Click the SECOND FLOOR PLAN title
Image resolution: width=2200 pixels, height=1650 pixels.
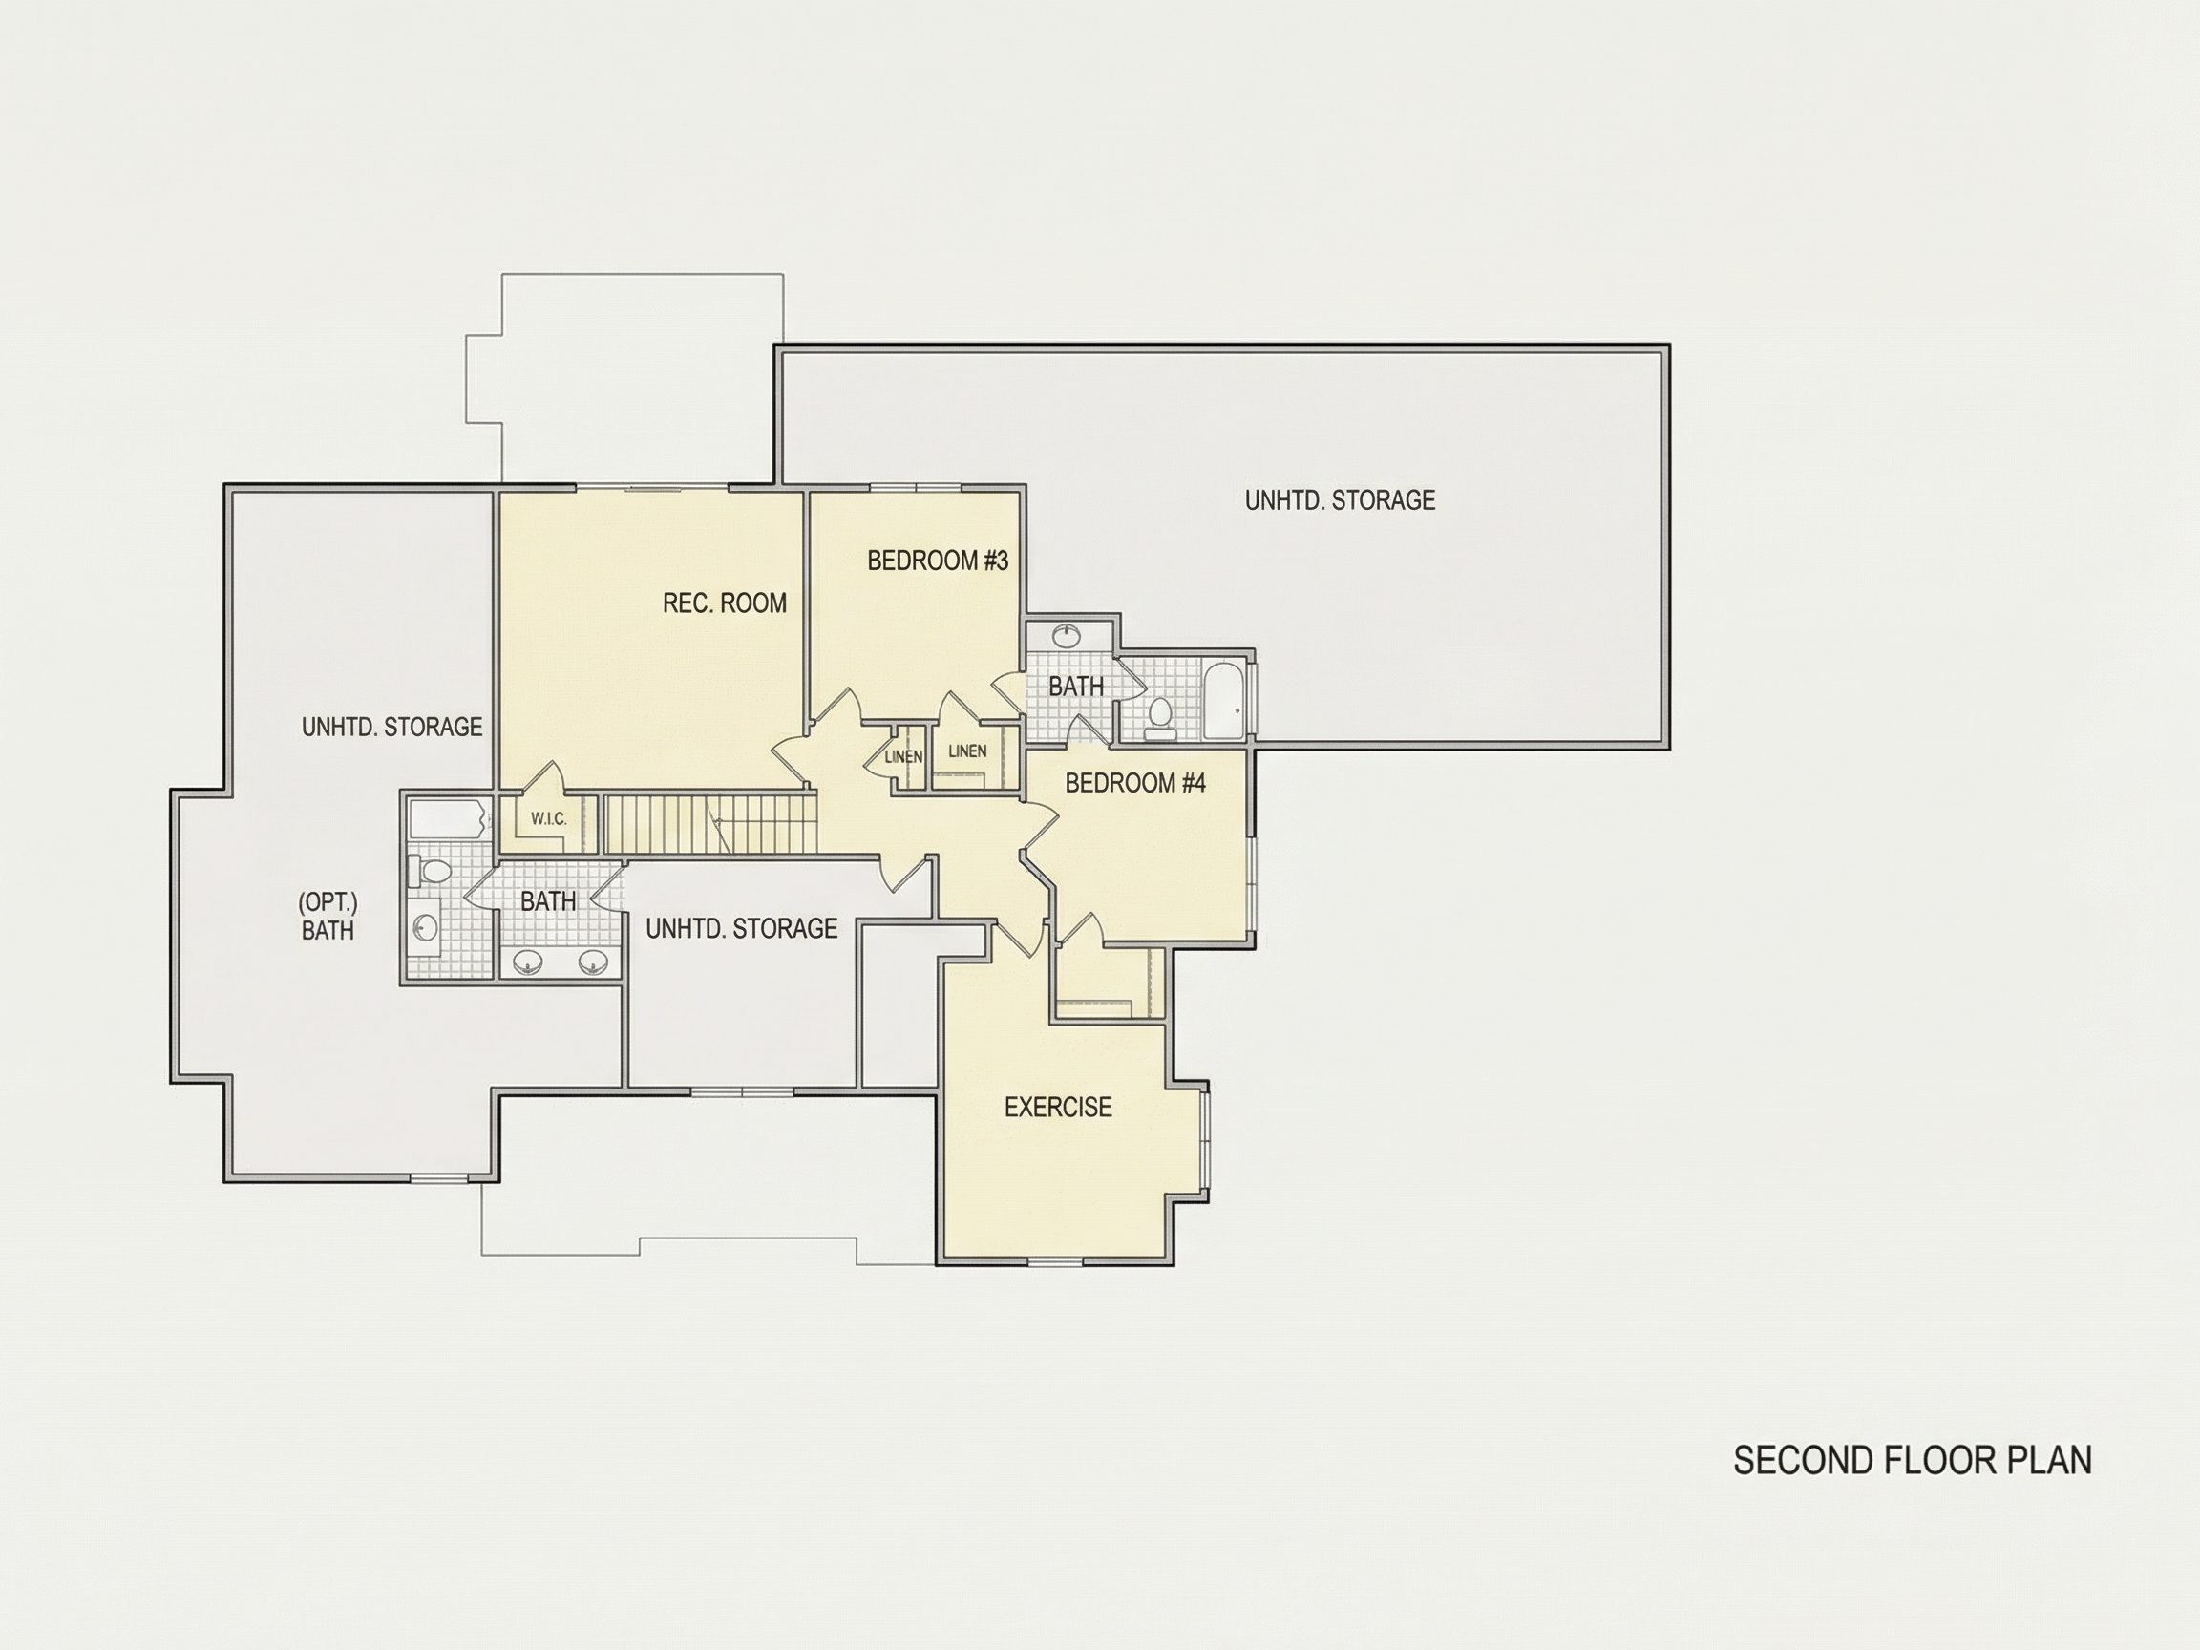1912,1461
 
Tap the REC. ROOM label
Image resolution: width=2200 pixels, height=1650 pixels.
724,603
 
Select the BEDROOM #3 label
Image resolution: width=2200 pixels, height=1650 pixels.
938,561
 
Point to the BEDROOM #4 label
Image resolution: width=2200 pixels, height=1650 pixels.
1134,784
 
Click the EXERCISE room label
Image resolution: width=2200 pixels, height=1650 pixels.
1058,1107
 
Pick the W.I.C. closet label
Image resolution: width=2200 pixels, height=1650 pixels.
549,818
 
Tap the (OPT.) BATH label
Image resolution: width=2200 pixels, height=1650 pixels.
328,916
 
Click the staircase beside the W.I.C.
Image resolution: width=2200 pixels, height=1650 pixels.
710,823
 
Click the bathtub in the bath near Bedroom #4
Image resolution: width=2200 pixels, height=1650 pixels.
1224,701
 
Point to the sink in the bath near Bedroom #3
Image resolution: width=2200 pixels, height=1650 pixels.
1069,633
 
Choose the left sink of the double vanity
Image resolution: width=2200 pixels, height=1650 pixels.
528,962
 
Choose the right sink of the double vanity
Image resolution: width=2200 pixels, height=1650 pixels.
594,962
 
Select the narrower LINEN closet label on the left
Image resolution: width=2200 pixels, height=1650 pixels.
904,757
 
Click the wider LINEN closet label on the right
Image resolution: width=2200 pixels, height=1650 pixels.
967,751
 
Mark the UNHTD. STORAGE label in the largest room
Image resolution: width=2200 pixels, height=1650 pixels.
1340,500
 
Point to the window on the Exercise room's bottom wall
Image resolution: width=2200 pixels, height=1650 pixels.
1054,1262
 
